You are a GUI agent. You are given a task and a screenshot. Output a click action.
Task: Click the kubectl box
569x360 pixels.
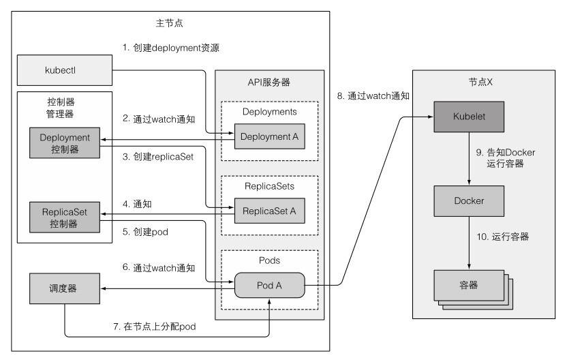(x=64, y=70)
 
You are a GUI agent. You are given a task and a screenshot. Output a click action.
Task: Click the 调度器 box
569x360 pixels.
(x=64, y=289)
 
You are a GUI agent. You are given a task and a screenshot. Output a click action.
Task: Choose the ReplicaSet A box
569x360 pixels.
(x=270, y=211)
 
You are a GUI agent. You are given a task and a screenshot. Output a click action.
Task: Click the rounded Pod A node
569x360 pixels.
(x=270, y=286)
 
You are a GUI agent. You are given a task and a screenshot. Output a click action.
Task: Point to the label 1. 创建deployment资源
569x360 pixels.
(x=170, y=48)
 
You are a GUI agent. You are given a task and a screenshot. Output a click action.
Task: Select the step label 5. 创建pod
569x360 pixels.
(x=145, y=232)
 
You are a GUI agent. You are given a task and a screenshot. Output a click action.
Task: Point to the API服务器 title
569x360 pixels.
(x=269, y=82)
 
